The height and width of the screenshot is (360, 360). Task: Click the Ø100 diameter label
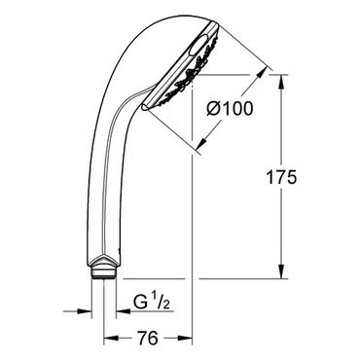point(230,108)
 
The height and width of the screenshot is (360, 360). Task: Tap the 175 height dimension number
point(281,177)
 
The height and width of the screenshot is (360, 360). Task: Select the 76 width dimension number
point(148,338)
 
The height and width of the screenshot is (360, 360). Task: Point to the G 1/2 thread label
point(152,303)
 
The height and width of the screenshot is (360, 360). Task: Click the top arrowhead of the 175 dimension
point(281,82)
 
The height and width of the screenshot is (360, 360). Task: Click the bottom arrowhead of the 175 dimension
point(281,271)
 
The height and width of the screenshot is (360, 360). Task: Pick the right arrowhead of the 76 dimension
point(186,339)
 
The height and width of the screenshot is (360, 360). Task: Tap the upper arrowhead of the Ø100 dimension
point(262,73)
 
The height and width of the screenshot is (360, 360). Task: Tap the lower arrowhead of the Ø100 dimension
point(203,143)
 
